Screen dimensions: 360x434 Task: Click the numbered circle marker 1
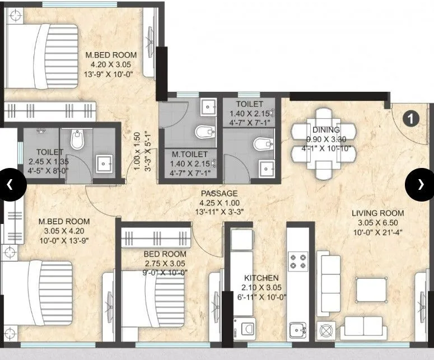(411, 118)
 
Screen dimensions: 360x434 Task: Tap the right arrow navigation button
(420, 184)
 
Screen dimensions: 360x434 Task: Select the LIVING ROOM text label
(377, 213)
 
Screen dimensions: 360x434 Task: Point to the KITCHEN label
(262, 278)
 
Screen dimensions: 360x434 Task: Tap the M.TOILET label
(189, 154)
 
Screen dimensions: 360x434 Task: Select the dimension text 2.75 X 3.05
(165, 263)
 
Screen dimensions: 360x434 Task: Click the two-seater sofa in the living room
(362, 326)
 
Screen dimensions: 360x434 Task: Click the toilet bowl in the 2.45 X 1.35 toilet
(78, 141)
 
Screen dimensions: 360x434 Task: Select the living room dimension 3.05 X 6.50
(377, 222)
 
